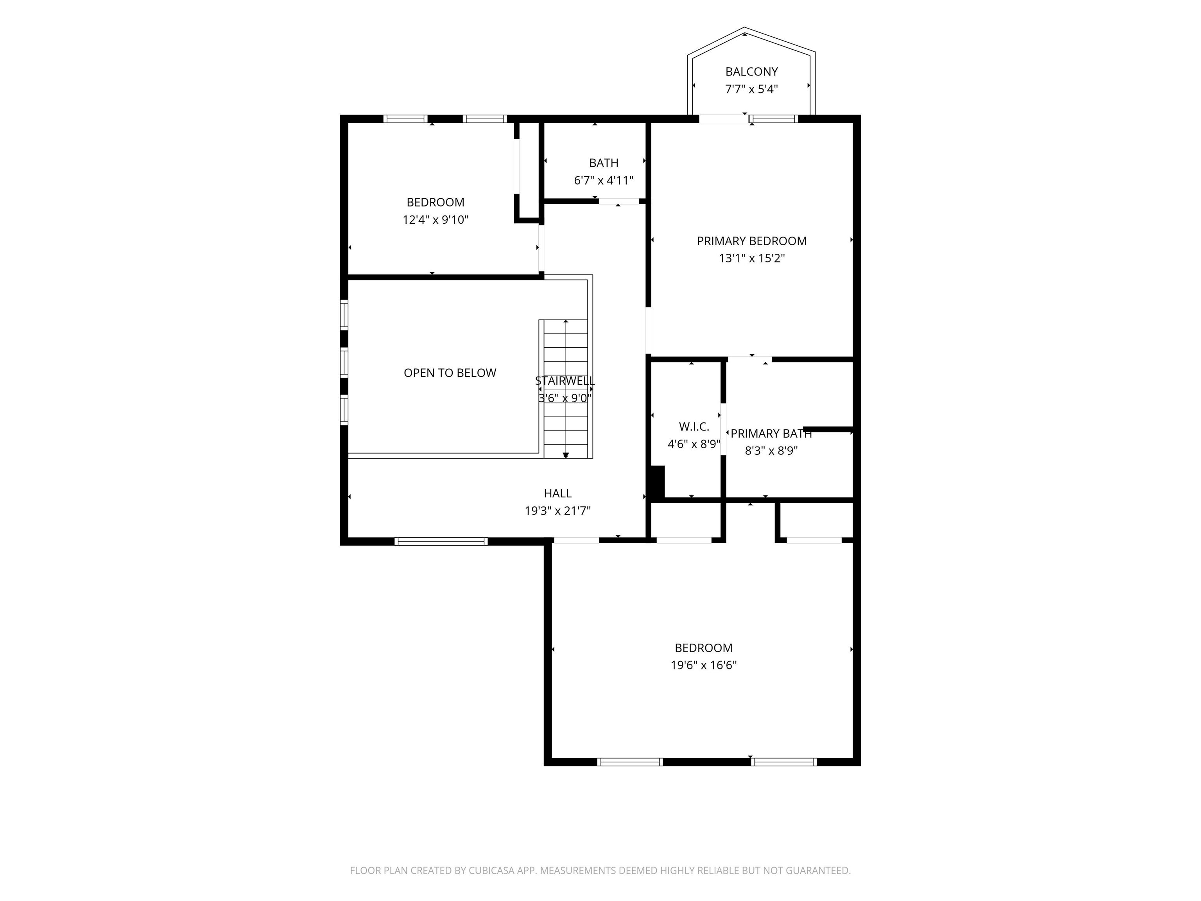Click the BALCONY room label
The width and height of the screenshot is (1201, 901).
point(751,72)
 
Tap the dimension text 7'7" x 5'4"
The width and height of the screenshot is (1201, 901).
point(751,89)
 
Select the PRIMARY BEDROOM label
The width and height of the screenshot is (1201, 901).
point(751,241)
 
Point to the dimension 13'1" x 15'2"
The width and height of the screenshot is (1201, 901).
point(751,258)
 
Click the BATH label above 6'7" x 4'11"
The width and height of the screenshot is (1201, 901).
point(604,163)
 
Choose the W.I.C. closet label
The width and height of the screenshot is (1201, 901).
point(694,427)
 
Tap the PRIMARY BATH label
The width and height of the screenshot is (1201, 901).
point(771,433)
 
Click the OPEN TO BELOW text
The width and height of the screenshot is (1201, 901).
point(450,373)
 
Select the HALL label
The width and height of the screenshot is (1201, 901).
point(557,493)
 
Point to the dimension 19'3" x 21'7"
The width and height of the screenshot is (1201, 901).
point(557,510)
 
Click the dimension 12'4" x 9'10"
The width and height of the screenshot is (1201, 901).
point(436,220)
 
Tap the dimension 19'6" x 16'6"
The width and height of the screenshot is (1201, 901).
point(704,665)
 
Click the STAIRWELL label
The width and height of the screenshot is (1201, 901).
point(565,381)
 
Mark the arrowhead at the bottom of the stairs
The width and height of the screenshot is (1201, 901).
point(566,455)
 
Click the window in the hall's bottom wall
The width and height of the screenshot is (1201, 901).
point(441,542)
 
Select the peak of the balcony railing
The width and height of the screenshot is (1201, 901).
point(744,28)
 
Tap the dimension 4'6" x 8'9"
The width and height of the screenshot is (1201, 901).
point(694,444)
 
